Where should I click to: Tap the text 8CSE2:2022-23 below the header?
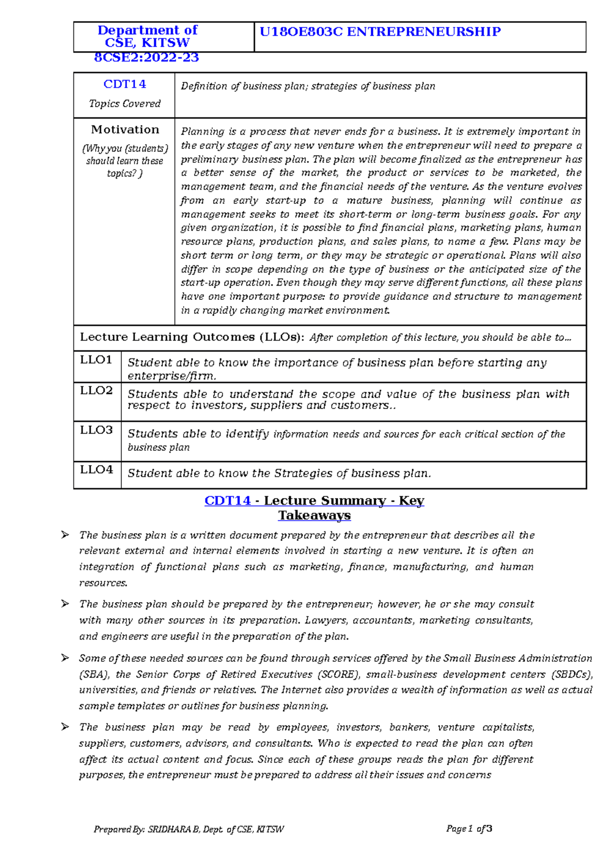pyautogui.click(x=147, y=58)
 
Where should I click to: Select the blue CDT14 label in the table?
pyautogui.click(x=124, y=84)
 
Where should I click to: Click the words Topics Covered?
pyautogui.click(x=124, y=104)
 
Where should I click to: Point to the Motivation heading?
pyautogui.click(x=125, y=130)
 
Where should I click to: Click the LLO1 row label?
pyautogui.click(x=96, y=360)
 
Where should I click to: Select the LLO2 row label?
pyautogui.click(x=96, y=391)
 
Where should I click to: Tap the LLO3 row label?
pyautogui.click(x=96, y=430)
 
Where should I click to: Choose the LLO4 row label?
pyautogui.click(x=96, y=470)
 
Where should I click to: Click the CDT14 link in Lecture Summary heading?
pyautogui.click(x=228, y=501)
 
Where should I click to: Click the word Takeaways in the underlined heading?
pyautogui.click(x=314, y=516)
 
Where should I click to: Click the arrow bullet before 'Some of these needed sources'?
pyautogui.click(x=65, y=658)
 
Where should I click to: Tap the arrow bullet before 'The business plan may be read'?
pyautogui.click(x=65, y=727)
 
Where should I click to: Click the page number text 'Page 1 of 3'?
pyautogui.click(x=469, y=829)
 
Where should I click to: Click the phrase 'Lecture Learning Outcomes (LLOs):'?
pyautogui.click(x=192, y=337)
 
